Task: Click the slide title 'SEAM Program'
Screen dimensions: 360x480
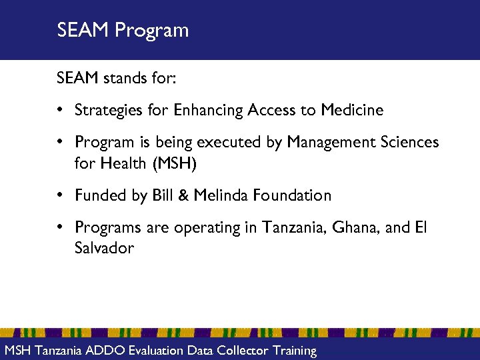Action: (x=123, y=31)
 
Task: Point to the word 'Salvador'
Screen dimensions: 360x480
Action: (x=104, y=248)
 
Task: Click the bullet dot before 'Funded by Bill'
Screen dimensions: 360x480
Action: (x=61, y=195)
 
